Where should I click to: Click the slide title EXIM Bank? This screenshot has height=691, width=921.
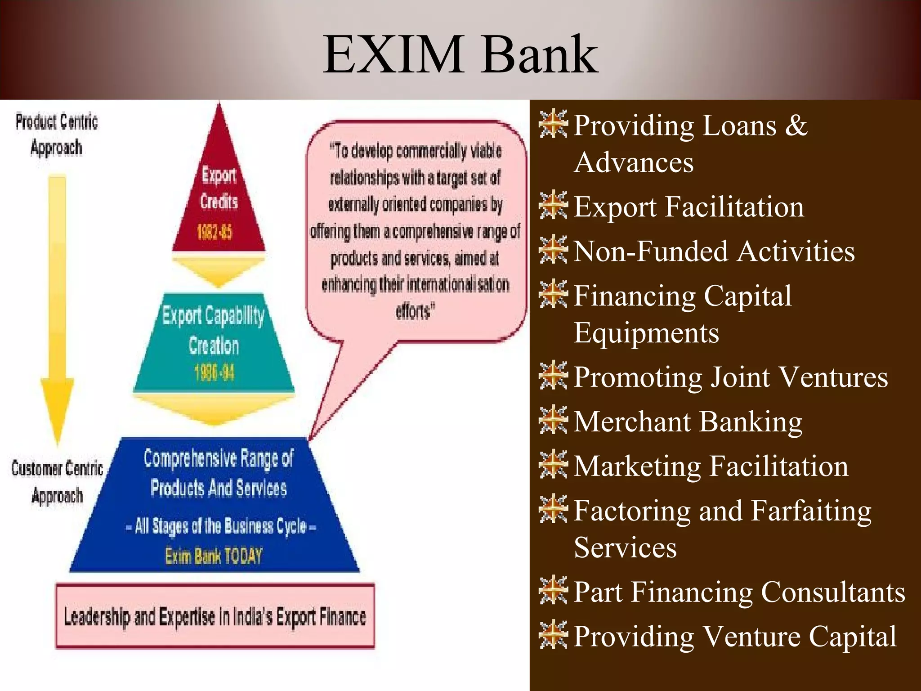(460, 55)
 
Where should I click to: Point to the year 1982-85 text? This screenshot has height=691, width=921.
(215, 232)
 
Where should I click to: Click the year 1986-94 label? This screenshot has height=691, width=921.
(215, 373)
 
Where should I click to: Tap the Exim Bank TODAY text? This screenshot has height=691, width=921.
(214, 556)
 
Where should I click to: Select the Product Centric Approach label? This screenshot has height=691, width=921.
(57, 135)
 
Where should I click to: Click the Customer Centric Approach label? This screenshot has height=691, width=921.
(57, 482)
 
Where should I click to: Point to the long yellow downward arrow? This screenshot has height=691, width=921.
(57, 306)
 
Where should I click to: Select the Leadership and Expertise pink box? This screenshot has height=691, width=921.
(215, 616)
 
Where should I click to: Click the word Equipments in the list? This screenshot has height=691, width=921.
(646, 333)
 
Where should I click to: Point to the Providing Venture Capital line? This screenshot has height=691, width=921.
(735, 636)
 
